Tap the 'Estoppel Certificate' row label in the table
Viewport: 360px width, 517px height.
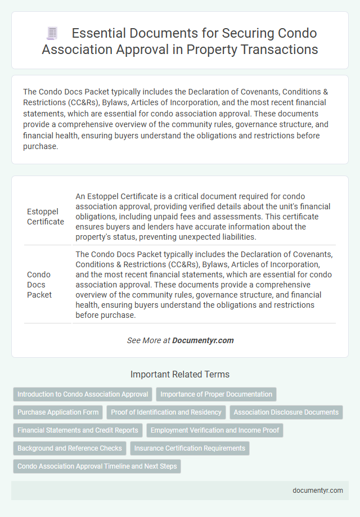tap(46, 217)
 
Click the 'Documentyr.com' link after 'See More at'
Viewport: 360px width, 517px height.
tap(202, 340)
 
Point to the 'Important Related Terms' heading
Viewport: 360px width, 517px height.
tap(180, 374)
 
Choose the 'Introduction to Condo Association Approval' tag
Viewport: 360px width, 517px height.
tap(83, 394)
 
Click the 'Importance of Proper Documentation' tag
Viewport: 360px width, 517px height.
tap(216, 394)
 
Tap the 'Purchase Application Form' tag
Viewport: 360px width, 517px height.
tap(58, 412)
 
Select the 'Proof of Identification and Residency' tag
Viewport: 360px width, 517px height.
tap(166, 412)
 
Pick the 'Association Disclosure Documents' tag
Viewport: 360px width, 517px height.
tap(286, 412)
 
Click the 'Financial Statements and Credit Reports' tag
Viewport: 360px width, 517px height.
tap(78, 430)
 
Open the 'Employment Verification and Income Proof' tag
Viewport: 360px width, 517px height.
tap(215, 430)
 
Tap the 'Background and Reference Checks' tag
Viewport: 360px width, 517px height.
tap(70, 448)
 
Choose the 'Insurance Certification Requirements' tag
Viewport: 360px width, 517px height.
tap(190, 448)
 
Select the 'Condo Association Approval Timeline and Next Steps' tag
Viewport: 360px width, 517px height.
tap(97, 466)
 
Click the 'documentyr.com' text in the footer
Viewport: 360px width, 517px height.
tap(318, 490)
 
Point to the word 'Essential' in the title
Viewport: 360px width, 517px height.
tap(97, 33)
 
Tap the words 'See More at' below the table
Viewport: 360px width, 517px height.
tap(148, 340)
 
